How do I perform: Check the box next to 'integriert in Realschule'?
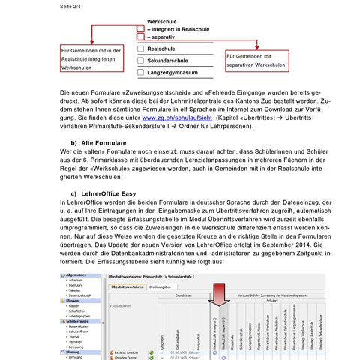[x=140, y=28]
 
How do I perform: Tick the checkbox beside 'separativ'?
[x=140, y=36]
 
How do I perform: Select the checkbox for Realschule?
[x=140, y=49]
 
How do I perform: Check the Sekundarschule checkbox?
[x=140, y=61]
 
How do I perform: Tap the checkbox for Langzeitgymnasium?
[x=140, y=73]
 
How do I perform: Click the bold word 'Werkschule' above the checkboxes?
[x=163, y=20]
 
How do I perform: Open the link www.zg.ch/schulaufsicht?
[x=175, y=118]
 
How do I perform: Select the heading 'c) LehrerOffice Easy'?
[x=103, y=193]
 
